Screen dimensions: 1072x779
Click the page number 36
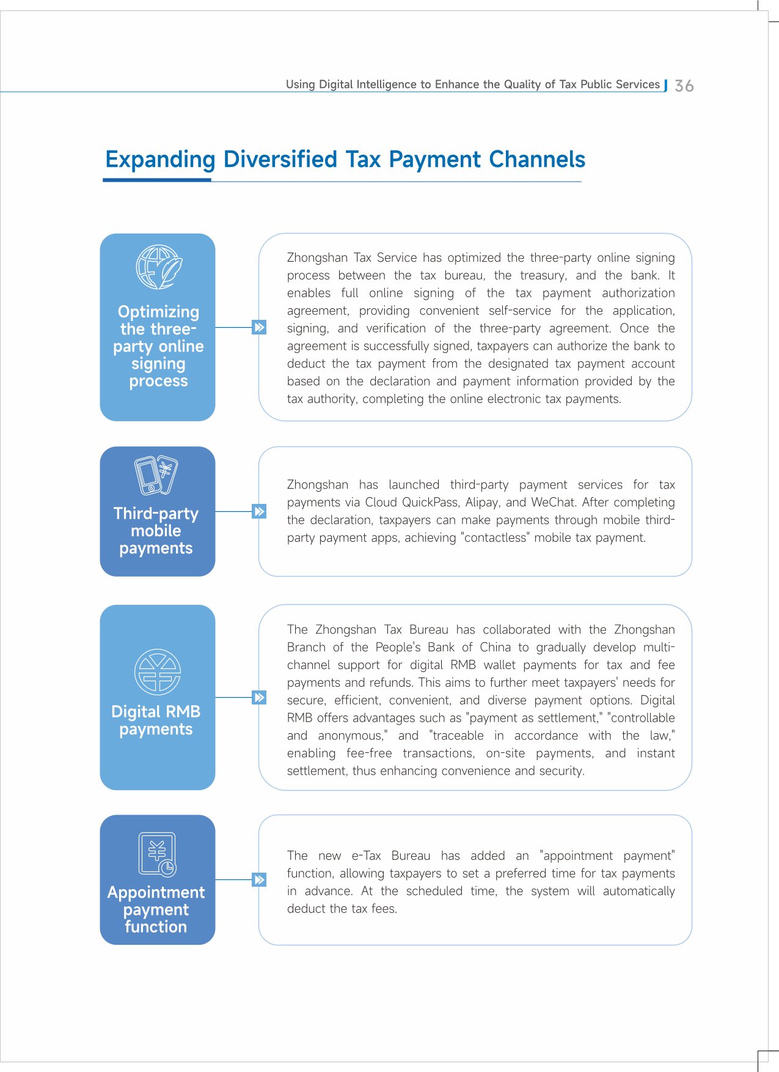pos(684,86)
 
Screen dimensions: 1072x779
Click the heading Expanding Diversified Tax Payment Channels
pos(345,160)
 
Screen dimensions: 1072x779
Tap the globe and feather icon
pos(159,267)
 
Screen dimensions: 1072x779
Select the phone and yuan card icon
pos(156,475)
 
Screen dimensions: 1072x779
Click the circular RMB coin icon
pos(158,671)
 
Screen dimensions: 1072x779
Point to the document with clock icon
pos(158,854)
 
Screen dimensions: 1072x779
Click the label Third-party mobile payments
pos(156,531)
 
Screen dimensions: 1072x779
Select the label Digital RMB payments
pos(156,720)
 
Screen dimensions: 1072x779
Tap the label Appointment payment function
pos(156,909)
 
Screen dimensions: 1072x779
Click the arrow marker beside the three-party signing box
pos(259,327)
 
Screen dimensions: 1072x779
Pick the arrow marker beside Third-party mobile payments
pos(259,511)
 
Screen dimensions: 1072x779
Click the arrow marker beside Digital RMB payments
pos(259,697)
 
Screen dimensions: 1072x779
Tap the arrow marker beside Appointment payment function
pos(259,880)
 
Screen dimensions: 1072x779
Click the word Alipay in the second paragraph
pos(481,503)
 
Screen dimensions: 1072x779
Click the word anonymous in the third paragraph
pos(352,736)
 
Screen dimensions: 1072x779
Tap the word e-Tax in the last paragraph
pos(366,856)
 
